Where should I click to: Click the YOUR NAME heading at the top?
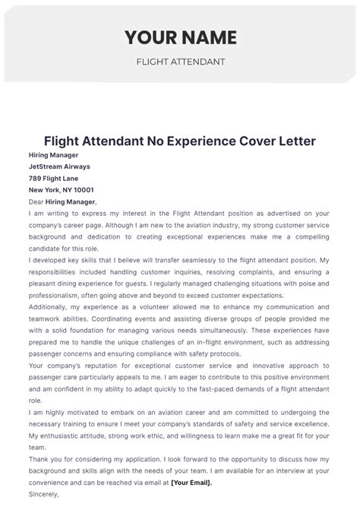pyautogui.click(x=180, y=37)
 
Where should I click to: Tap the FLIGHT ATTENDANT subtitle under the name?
pyautogui.click(x=180, y=62)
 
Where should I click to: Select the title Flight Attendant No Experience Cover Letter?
pyautogui.click(x=180, y=141)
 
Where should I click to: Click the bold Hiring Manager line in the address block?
pyautogui.click(x=54, y=154)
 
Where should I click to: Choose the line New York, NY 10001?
pyautogui.click(x=62, y=190)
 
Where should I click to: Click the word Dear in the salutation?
pyautogui.click(x=36, y=201)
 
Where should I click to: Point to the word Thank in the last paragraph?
pyautogui.click(x=39, y=458)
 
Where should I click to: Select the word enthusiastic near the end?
pyautogui.click(x=73, y=436)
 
